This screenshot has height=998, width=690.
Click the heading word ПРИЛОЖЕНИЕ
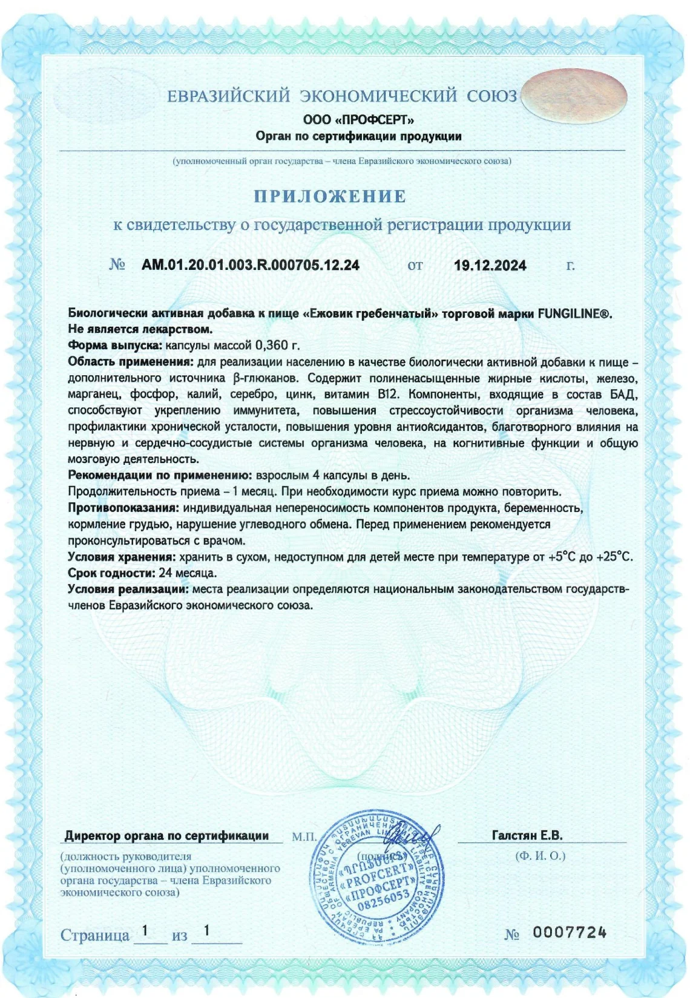330,197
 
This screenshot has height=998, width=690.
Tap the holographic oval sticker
573,97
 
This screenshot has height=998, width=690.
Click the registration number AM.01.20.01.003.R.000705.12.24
251,265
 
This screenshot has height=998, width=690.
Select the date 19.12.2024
490,265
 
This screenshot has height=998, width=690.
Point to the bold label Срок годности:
112,573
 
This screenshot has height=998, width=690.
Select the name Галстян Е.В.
527,836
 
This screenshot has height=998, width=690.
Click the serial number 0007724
569,933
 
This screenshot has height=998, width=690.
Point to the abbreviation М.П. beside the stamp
304,837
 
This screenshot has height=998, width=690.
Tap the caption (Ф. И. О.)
540,856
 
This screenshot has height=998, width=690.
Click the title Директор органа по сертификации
166,836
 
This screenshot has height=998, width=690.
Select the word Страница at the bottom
95,935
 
